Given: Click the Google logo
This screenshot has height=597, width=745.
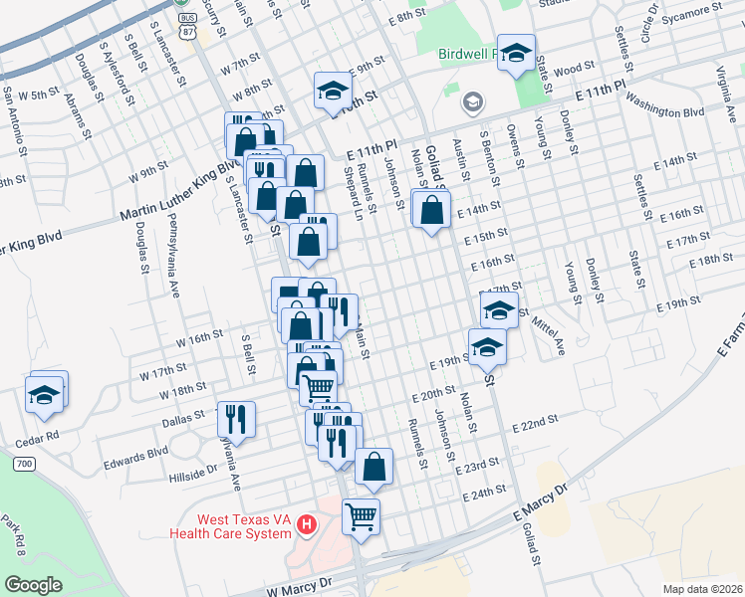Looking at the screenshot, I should click(x=33, y=584).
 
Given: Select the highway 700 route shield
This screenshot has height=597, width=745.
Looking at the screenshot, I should click(x=25, y=464).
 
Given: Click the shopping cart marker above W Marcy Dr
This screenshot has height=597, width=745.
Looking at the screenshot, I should click(x=360, y=515).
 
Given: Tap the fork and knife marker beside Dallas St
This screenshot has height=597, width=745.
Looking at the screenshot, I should click(x=237, y=417).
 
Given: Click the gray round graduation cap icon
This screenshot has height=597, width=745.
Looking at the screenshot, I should click(x=472, y=101).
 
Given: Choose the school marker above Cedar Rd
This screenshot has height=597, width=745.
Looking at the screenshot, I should click(x=44, y=394).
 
